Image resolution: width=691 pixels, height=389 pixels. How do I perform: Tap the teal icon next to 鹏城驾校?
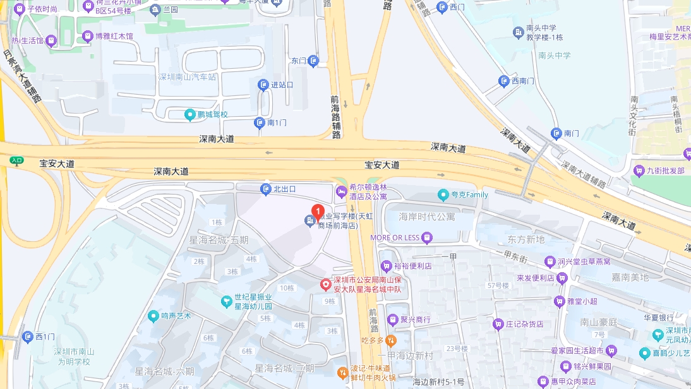[189, 114]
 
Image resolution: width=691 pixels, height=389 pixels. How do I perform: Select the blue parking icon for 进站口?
[263, 85]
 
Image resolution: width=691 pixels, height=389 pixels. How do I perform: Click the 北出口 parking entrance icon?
[266, 189]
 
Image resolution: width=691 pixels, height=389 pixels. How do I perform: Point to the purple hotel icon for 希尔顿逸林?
[341, 191]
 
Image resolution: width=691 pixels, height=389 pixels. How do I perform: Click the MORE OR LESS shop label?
[395, 237]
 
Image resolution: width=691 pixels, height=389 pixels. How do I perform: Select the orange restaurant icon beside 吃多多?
[390, 340]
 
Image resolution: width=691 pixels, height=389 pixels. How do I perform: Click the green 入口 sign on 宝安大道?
[16, 160]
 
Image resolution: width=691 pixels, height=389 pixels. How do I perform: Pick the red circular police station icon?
[325, 285]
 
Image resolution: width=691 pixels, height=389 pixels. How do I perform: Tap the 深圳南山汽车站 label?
[187, 77]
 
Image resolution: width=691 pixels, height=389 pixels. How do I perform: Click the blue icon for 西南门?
[503, 81]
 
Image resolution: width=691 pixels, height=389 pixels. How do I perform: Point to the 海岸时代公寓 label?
[426, 217]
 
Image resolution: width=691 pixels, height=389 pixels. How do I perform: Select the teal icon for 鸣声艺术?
[153, 315]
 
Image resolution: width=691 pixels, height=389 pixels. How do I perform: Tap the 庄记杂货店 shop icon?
[498, 324]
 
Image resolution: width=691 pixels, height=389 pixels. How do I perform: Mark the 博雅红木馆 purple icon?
[87, 36]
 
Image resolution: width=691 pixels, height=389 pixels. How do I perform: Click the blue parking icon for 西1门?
[27, 337]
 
